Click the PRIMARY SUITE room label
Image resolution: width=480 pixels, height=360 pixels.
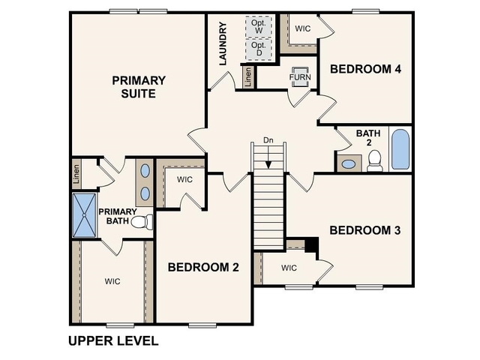click(x=139, y=86)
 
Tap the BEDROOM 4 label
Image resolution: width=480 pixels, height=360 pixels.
click(x=366, y=69)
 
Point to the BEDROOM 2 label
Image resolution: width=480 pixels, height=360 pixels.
click(x=203, y=267)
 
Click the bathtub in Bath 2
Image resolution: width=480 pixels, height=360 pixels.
click(x=400, y=150)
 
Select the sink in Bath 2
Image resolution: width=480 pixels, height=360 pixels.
click(x=349, y=163)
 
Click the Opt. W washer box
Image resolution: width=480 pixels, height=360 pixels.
click(x=259, y=26)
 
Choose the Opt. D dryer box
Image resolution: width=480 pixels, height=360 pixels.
click(x=259, y=49)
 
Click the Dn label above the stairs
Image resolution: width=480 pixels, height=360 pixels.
click(x=268, y=140)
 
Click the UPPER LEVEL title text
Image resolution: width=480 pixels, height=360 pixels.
click(x=113, y=341)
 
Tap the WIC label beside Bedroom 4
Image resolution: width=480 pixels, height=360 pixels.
click(x=303, y=28)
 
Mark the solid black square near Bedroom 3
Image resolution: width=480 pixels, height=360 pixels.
click(x=313, y=245)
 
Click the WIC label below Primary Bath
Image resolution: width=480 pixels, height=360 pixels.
click(x=112, y=281)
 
